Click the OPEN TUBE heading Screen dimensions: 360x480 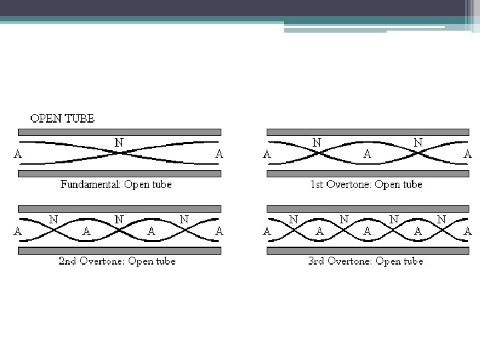[63, 119]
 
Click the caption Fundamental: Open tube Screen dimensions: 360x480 [116, 185]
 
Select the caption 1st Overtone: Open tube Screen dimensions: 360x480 [367, 185]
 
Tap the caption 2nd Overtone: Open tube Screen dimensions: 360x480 [117, 261]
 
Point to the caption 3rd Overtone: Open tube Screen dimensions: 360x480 [366, 261]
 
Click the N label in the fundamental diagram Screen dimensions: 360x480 [119, 142]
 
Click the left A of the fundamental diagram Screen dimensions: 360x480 [18, 154]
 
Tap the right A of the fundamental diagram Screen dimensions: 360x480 [219, 154]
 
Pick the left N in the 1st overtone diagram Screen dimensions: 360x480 [317, 142]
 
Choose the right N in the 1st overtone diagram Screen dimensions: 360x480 [418, 142]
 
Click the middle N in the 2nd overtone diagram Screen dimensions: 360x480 [119, 219]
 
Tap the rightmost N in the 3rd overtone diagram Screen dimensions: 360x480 [441, 219]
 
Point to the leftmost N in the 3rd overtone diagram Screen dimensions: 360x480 [293, 219]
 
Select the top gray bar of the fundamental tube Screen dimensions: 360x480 [119, 133]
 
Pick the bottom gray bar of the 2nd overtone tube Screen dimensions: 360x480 [119, 250]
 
